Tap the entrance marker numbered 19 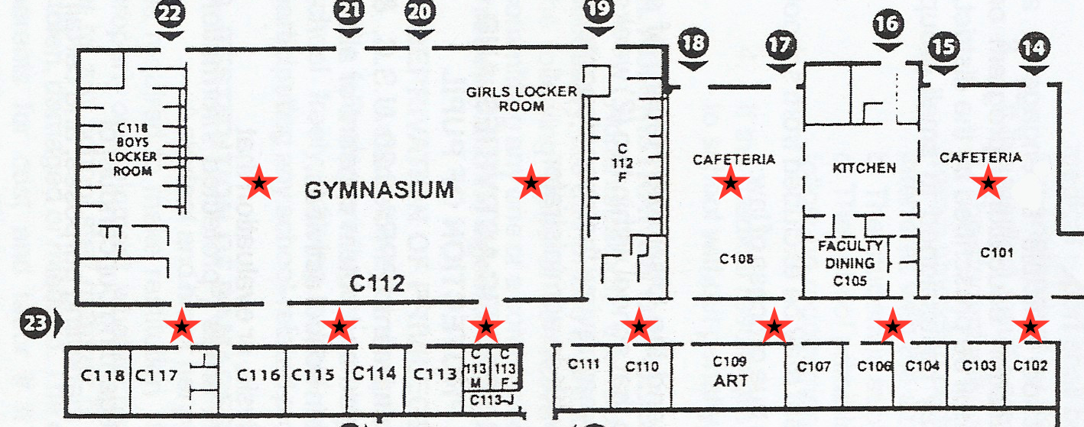tap(599, 11)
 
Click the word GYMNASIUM tap(379, 189)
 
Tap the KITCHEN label tap(864, 168)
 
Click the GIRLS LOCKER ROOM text tap(521, 99)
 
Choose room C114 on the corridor tap(374, 374)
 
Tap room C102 tap(1030, 366)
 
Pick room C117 tap(156, 375)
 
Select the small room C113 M tap(474, 367)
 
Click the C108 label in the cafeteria tap(736, 259)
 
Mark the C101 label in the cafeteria tap(995, 252)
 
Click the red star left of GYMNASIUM tap(259, 182)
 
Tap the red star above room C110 tap(639, 327)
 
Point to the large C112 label tap(376, 284)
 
